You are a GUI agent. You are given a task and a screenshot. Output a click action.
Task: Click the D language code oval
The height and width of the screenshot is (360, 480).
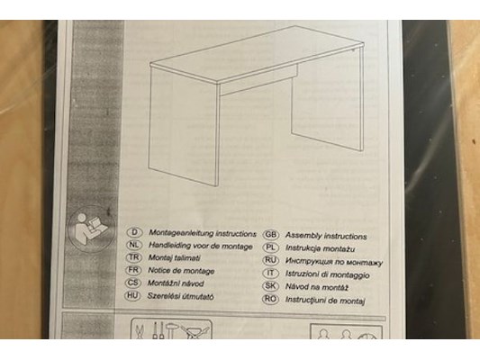tap(134, 232)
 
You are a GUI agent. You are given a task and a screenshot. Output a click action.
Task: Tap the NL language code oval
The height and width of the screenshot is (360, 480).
tap(134, 245)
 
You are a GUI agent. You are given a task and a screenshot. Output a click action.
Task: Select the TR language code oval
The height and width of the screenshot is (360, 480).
tap(134, 257)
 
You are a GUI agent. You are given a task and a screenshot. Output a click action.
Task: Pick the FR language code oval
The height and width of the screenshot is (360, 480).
tap(133, 270)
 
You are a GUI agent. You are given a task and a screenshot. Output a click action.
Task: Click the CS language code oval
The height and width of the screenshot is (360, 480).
tap(133, 283)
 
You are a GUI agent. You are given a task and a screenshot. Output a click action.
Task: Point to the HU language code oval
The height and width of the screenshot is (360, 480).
tap(132, 295)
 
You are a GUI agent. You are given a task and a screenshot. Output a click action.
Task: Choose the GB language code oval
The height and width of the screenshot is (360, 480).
tap(271, 235)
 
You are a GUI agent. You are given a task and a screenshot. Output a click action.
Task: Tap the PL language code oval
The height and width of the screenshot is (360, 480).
tap(271, 247)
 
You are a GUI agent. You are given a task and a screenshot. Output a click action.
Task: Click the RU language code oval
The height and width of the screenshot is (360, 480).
tap(271, 260)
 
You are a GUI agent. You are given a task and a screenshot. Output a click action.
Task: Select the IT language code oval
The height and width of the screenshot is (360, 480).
tap(271, 273)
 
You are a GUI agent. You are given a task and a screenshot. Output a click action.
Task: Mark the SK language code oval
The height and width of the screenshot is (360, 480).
tap(270, 286)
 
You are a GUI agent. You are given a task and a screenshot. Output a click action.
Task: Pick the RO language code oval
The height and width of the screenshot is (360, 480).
tap(270, 299)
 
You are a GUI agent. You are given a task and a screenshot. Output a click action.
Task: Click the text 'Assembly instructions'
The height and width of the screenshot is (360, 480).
tap(326, 236)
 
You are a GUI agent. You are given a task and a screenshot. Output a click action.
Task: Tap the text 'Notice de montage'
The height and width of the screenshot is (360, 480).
tap(181, 271)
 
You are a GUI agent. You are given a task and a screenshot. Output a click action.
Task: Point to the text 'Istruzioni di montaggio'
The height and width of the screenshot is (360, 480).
tap(327, 274)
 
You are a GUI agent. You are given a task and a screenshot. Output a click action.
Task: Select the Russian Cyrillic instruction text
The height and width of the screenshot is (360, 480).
tap(334, 262)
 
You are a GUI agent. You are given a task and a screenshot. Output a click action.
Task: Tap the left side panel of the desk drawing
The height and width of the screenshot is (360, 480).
tap(183, 125)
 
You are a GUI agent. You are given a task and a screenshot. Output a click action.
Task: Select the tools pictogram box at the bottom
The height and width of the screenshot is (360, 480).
tap(171, 328)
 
